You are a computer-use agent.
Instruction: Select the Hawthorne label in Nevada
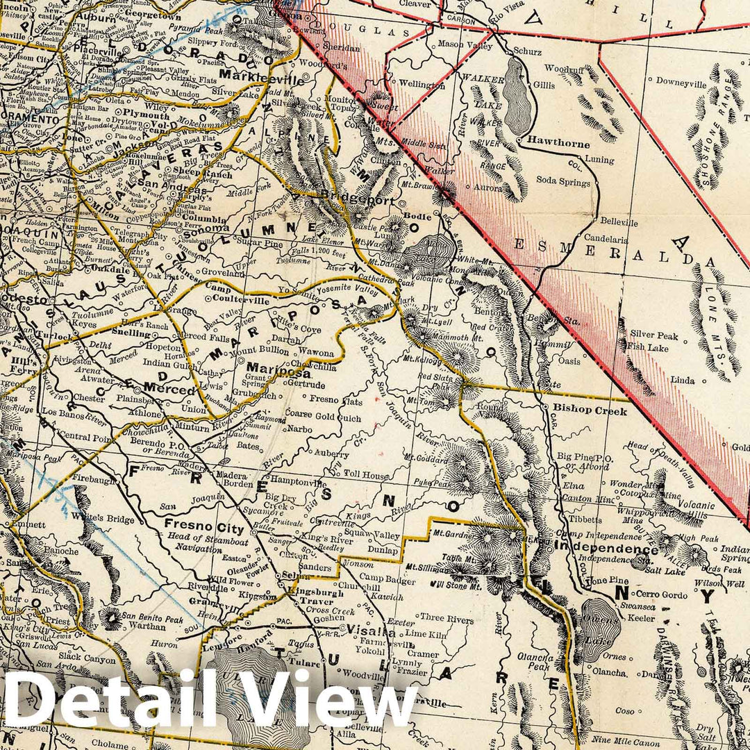pos(558,144)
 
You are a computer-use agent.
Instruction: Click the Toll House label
pos(368,475)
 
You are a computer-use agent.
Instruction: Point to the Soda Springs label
pos(563,182)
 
